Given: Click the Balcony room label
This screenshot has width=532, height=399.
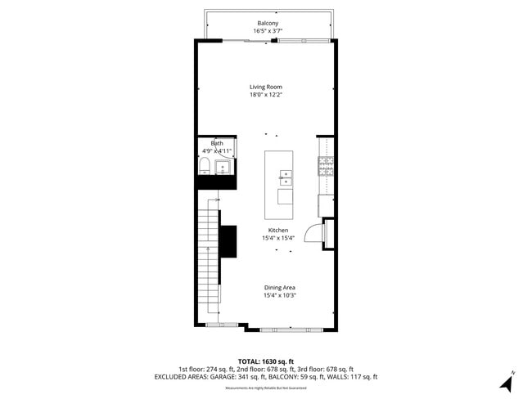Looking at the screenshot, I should point(266,23).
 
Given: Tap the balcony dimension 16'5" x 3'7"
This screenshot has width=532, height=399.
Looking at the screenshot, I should point(266,31).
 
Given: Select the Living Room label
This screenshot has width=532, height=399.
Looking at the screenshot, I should point(266,86).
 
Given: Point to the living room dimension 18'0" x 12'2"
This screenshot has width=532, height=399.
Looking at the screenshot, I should point(266,95).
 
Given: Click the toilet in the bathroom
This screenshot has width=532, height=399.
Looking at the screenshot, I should point(204,168).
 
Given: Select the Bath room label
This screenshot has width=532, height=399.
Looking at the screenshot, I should point(217,143).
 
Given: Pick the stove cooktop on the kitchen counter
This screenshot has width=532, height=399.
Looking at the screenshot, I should point(326,167).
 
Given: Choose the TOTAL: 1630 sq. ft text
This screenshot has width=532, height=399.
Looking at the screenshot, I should point(266,361).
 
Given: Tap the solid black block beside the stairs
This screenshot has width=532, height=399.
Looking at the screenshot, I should point(228,240).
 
